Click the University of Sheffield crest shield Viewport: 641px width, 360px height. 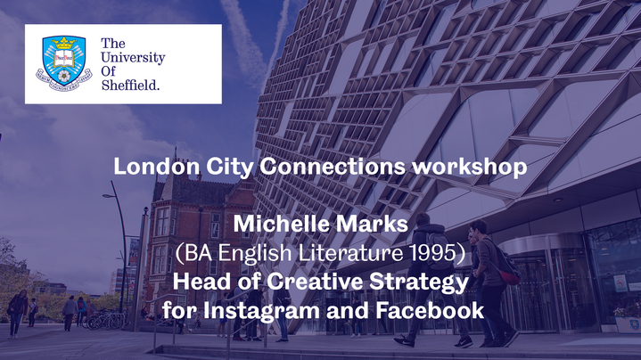pos(64,61)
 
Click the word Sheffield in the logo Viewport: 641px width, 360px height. pos(130,85)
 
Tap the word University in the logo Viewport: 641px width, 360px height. pos(133,58)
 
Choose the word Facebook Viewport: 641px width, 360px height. pos(430,310)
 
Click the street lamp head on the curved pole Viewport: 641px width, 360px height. pos(109,196)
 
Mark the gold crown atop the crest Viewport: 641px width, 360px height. pos(64,43)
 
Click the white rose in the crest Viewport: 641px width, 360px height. pos(64,76)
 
